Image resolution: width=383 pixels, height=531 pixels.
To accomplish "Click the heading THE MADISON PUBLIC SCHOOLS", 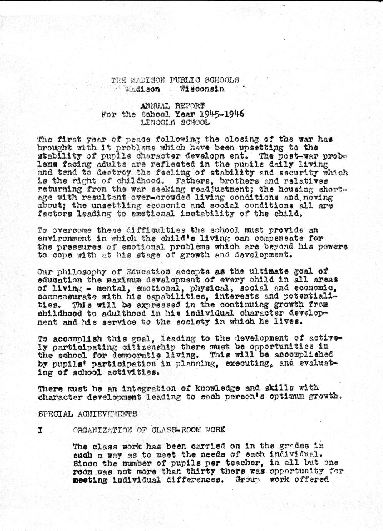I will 175,80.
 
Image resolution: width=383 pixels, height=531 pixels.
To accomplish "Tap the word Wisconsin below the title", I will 201,89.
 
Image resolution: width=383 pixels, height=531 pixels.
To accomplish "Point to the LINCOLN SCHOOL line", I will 175,123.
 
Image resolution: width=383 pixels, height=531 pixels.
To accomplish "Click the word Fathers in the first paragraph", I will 192,181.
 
